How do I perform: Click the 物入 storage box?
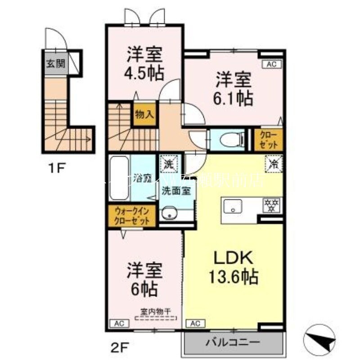pos(144,114)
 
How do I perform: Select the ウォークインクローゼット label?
pos(132,216)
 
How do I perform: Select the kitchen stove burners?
pos(272,206)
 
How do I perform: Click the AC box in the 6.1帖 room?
pos(271,64)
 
